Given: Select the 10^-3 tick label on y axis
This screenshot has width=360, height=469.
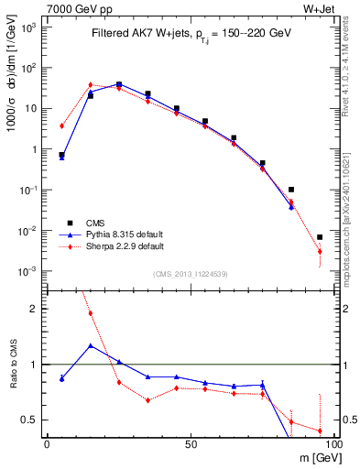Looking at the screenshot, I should (30, 271).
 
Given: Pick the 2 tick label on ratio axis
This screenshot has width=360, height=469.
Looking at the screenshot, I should (34, 309).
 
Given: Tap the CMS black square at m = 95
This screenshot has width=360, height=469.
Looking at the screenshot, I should (320, 237).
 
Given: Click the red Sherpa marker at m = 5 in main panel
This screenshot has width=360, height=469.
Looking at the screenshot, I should (61, 126).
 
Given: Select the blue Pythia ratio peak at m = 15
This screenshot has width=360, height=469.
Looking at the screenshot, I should (91, 345).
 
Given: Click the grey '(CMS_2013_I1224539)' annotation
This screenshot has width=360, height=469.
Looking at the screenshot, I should (191, 274).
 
